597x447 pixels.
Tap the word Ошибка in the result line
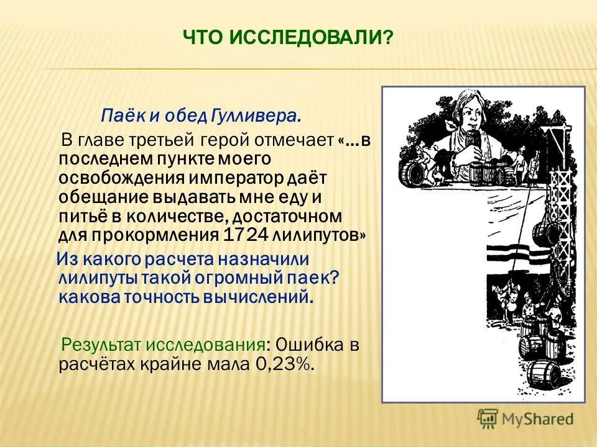click(x=312, y=345)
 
